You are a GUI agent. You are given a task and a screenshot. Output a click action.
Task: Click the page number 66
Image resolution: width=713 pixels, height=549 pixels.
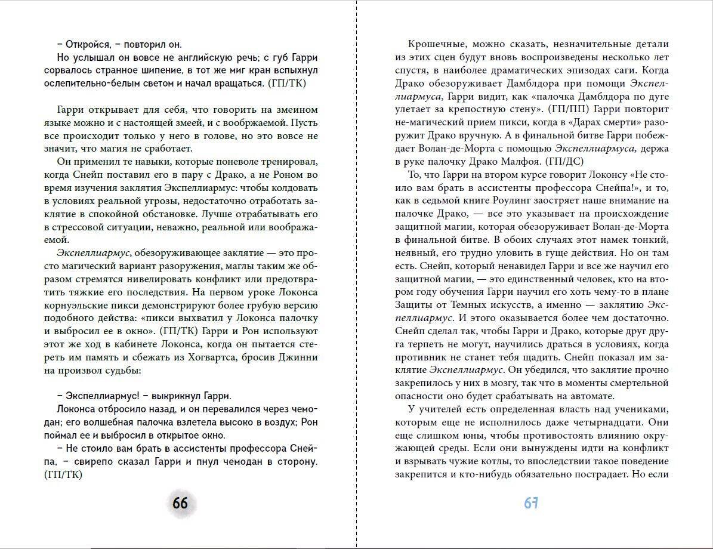point(180,503)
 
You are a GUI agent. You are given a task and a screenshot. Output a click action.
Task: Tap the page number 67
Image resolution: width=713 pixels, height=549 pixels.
point(531,503)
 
